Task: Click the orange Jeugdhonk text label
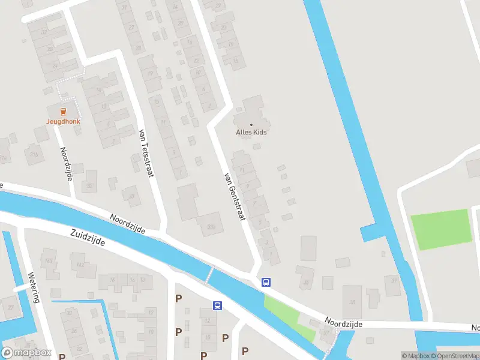pos(64,121)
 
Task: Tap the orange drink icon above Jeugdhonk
pos(64,110)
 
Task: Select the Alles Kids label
pos(251,132)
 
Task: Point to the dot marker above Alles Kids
pos(251,124)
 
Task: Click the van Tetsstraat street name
pos(143,152)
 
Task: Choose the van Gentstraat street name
pos(235,196)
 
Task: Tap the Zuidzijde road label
pos(88,238)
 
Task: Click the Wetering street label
pos(34,287)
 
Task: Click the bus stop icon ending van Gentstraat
pos(265,282)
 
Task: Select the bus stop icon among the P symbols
pos(217,305)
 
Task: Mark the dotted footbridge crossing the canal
pos(209,275)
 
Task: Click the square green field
pos(440,229)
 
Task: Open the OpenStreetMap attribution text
pos(454,356)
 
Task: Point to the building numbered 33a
pos(211,226)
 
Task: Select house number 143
pos(49,260)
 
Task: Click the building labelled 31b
pos(34,154)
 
